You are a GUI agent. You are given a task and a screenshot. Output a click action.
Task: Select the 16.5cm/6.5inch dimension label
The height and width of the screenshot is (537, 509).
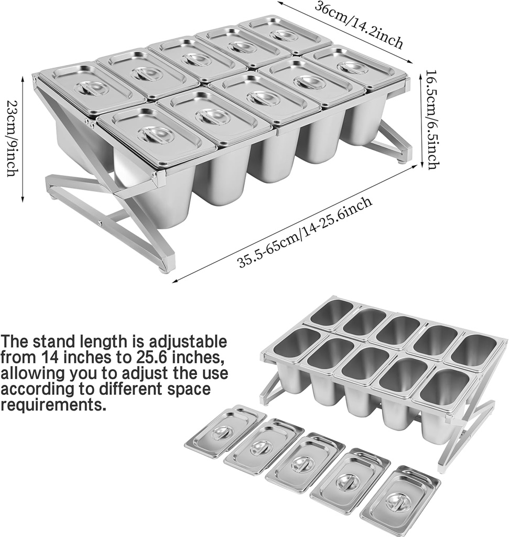(x=431, y=120)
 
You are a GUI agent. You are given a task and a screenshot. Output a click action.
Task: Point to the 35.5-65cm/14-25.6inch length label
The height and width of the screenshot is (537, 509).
(x=306, y=232)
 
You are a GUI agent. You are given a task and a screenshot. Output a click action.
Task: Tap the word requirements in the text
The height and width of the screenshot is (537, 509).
(x=52, y=405)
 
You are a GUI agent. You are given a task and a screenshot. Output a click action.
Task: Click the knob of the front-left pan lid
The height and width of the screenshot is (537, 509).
(x=156, y=134)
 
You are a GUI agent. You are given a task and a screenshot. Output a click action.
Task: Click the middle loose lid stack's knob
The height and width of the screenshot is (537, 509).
(x=304, y=463)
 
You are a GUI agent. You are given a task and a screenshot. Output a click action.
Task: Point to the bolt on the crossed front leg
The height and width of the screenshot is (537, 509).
(x=100, y=224)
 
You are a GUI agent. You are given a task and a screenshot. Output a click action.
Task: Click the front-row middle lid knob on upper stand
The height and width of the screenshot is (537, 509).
(x=263, y=98)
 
